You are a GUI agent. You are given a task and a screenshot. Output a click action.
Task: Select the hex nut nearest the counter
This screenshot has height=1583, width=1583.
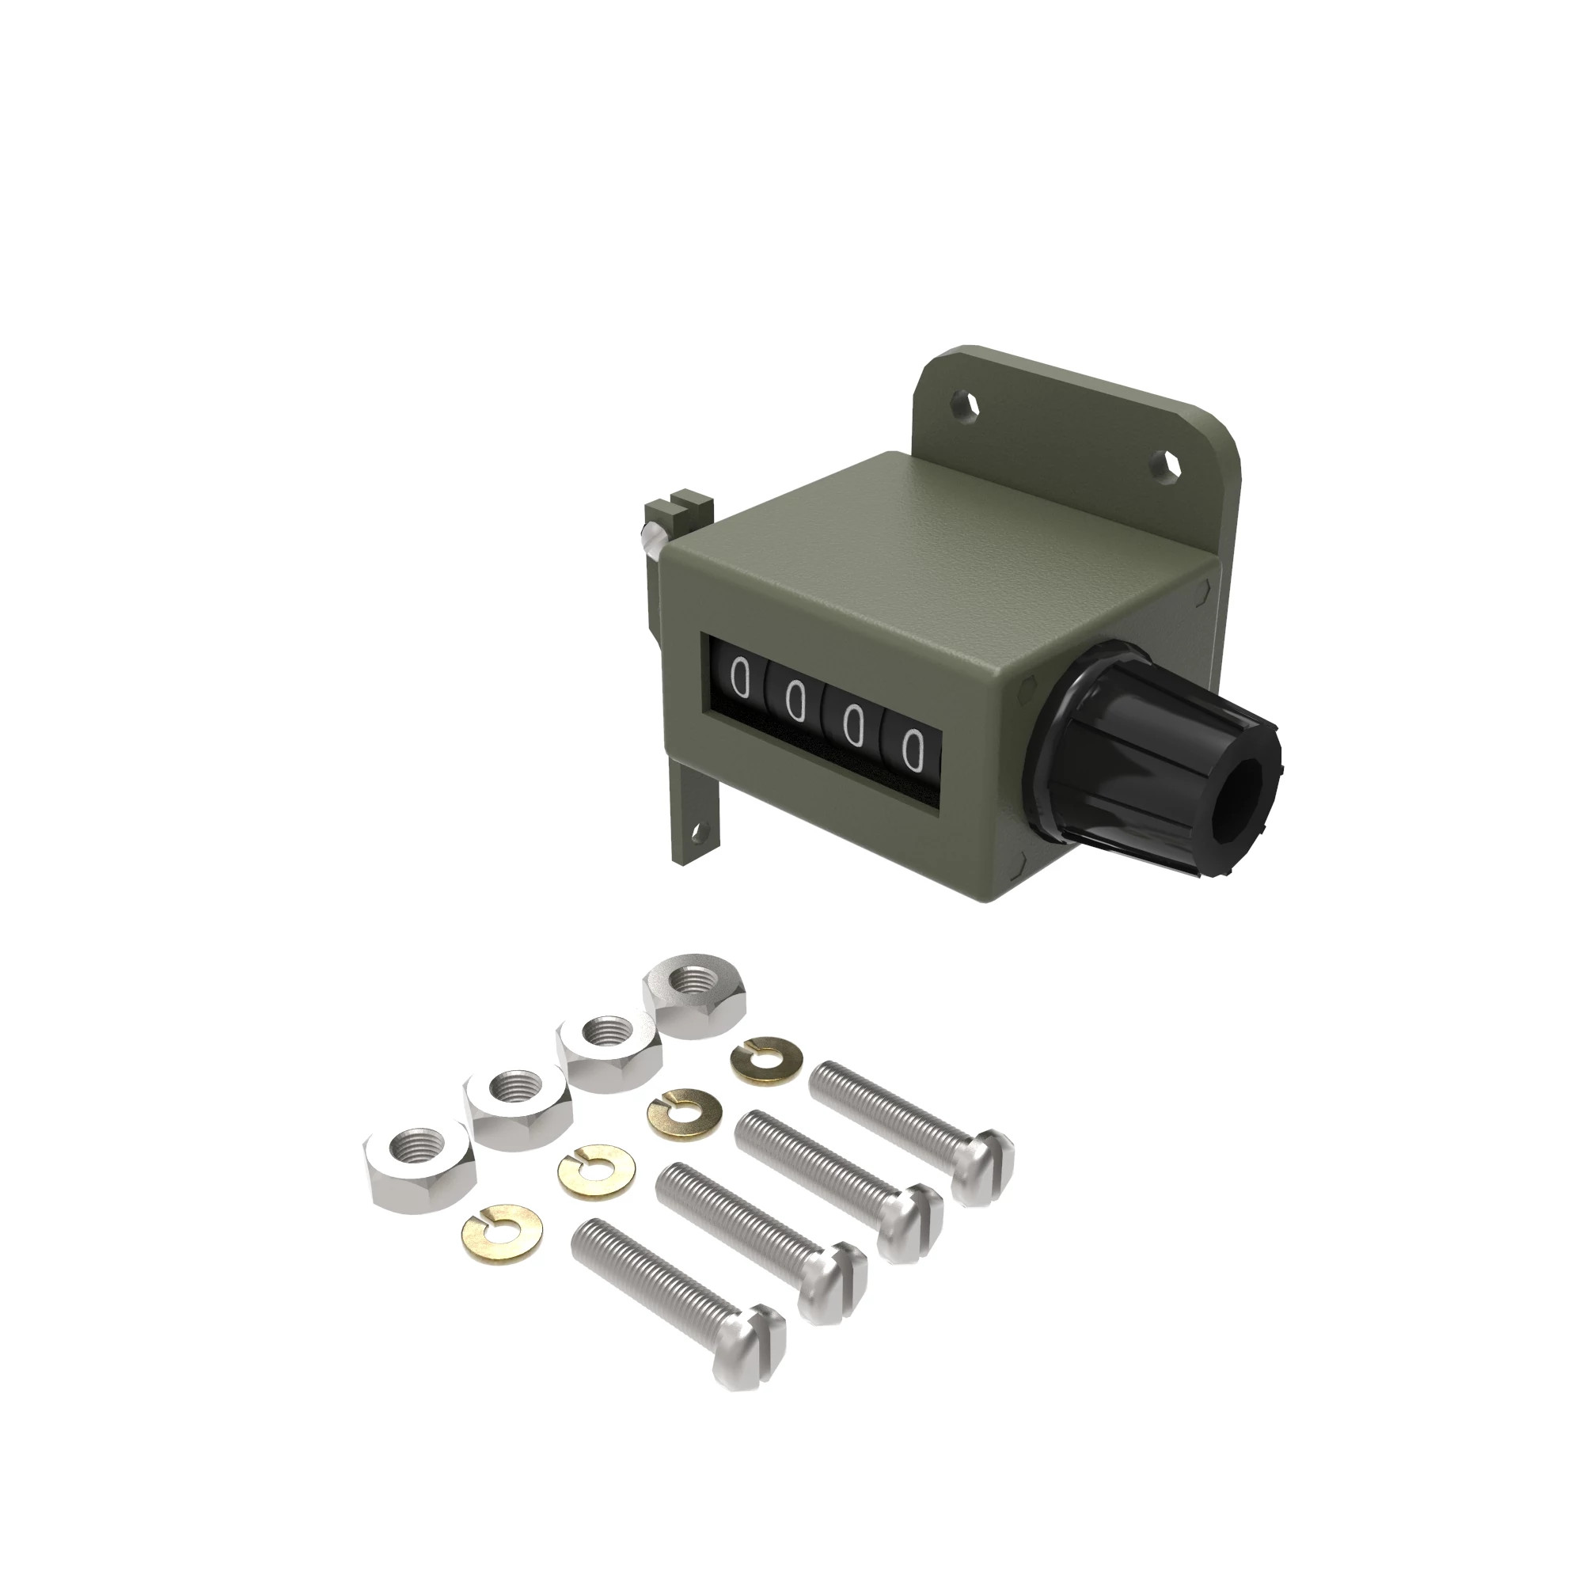(696, 996)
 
